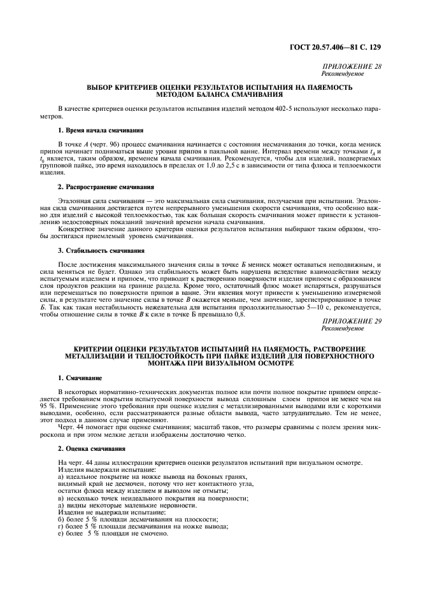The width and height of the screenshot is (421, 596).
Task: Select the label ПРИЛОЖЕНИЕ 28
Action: tap(352, 67)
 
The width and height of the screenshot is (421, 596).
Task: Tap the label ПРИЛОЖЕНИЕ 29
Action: tap(352, 321)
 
